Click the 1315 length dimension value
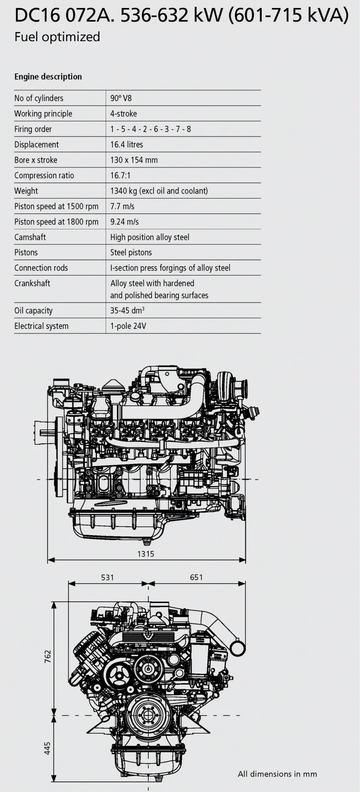[x=146, y=554]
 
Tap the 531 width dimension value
[x=107, y=578]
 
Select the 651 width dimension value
[x=196, y=578]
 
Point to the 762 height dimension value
[x=48, y=657]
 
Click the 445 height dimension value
[x=48, y=748]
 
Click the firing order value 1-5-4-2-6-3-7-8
[x=150, y=129]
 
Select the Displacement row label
[x=36, y=145]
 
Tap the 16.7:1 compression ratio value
[x=120, y=176]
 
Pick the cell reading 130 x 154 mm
[x=134, y=160]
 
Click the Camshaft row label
[x=30, y=237]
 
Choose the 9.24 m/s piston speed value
[x=124, y=222]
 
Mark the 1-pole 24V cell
[x=128, y=326]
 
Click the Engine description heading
[x=48, y=77]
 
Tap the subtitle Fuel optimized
[x=57, y=37]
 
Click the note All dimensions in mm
[x=277, y=774]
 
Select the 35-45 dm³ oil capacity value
[x=127, y=311]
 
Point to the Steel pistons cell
[x=131, y=252]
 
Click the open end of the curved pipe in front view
[x=238, y=649]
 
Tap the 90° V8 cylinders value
[x=121, y=98]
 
